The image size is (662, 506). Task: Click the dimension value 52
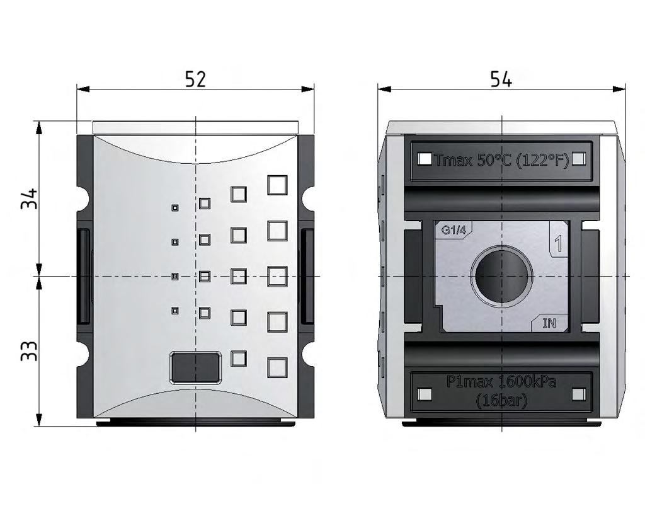[195, 79]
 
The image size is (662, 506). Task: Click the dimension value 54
[501, 79]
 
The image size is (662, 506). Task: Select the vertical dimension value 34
[29, 199]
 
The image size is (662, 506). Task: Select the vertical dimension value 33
[29, 351]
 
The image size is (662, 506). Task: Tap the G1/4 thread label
[454, 231]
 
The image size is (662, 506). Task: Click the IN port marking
[549, 323]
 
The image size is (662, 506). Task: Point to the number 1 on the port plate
[557, 243]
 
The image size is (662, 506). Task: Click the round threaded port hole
[501, 275]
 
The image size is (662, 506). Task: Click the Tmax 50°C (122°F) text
[501, 160]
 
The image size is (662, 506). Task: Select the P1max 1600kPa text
[501, 382]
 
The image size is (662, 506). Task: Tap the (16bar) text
[501, 400]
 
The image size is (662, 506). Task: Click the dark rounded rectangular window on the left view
[196, 367]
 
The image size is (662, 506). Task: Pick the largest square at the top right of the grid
[277, 185]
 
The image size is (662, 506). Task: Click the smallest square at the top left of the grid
[175, 207]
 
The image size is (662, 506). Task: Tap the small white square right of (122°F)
[579, 159]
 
